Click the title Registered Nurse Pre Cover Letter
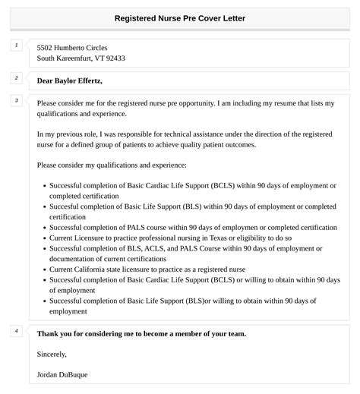pos(180,17)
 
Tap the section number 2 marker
pos(16,77)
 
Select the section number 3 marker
pos(16,100)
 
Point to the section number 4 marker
pos(16,330)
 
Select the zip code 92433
pos(115,58)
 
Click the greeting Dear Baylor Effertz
pos(69,80)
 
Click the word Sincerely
pos(52,354)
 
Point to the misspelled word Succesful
pos(68,206)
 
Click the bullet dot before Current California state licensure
pos(43,269)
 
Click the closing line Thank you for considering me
pos(141,333)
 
